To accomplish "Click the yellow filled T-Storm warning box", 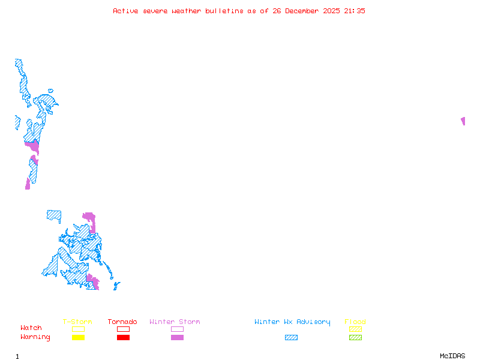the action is [78, 338].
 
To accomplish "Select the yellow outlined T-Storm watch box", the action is [78, 329].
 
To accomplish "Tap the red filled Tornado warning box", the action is [123, 338].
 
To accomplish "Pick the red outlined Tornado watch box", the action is [123, 329].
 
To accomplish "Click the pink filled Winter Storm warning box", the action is [177, 338].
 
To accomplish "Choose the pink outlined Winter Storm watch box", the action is [177, 329].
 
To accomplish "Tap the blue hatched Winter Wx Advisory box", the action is [291, 338].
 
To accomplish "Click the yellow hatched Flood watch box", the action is [355, 329].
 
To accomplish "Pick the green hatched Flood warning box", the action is [355, 338].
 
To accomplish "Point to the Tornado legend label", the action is [122, 322].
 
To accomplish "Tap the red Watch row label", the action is [31, 328].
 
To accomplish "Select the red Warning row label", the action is [35, 337].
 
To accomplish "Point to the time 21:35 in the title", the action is [355, 11].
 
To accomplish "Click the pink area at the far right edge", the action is [463, 121].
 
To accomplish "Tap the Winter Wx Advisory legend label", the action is [292, 322].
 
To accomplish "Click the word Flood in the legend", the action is [355, 322].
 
